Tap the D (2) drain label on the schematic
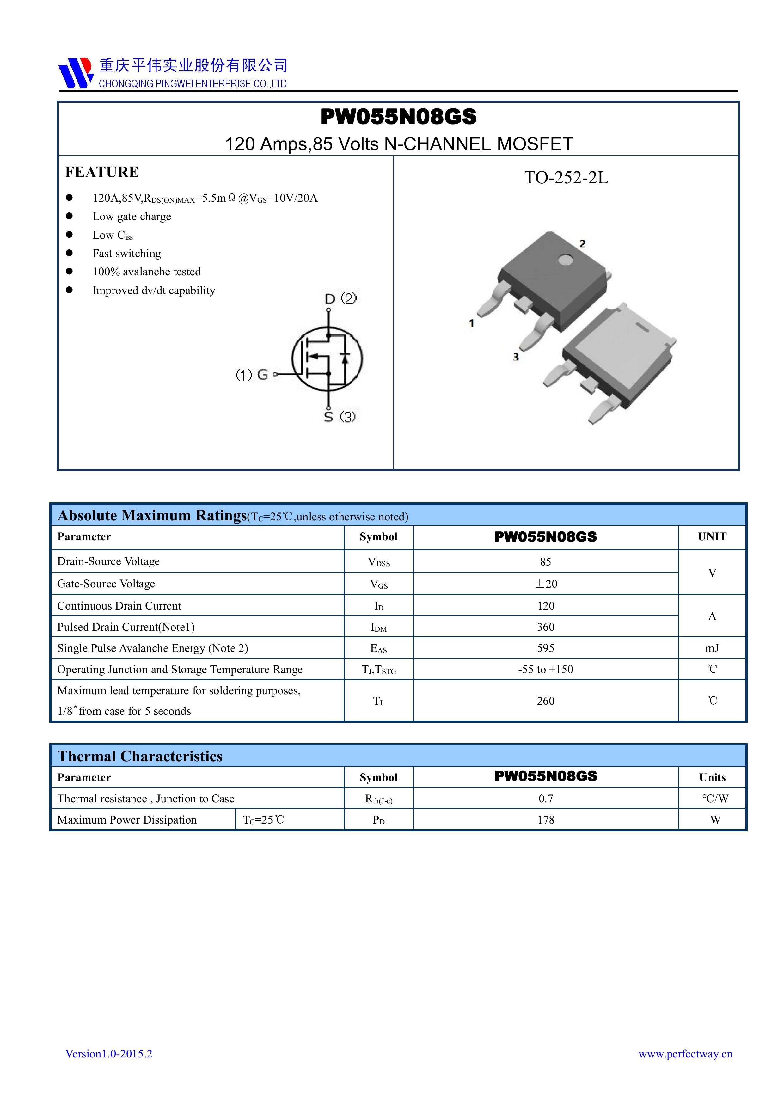pos(340,298)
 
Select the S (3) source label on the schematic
pos(340,416)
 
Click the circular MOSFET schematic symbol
pos(327,358)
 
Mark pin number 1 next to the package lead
pos(471,323)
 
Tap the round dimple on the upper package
pos(565,261)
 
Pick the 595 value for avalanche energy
pos(545,648)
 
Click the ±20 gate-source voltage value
pos(545,584)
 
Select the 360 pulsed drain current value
pos(545,627)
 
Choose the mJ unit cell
pos(712,648)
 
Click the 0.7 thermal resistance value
pos(545,799)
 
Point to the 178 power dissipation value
pos(545,820)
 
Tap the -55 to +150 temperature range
pos(545,670)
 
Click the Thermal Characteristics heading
pos(140,757)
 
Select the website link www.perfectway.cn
pos(685,1054)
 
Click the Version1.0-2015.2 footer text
pos(109,1054)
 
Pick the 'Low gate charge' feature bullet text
pos(132,216)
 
